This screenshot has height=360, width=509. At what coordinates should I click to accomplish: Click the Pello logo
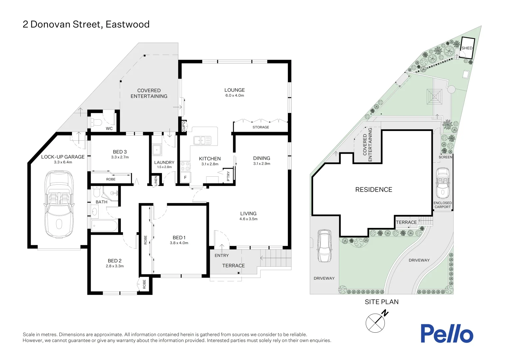pos(447,333)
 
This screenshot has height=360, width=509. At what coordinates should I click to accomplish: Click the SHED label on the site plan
pos(467,48)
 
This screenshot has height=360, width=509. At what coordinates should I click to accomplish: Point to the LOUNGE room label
pos(235,90)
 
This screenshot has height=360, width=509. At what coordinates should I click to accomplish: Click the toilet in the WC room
pos(96,122)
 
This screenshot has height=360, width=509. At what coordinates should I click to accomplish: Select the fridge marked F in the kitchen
pos(185,178)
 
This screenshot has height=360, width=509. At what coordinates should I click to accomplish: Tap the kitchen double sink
pos(202,140)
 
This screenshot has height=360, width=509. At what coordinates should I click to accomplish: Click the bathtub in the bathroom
pos(104,226)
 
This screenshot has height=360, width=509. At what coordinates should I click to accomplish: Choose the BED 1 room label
pos(179,238)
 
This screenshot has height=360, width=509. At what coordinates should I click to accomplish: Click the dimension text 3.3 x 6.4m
pos(63,162)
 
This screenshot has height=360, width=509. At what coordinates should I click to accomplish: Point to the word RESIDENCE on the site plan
pos(373,190)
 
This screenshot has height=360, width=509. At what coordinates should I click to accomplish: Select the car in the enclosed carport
pos(443,183)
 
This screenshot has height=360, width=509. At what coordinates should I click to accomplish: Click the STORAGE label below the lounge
pos(260,127)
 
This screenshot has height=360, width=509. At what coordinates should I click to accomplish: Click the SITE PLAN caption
pos(381,302)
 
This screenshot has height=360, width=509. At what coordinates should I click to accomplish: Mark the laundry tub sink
pos(157,150)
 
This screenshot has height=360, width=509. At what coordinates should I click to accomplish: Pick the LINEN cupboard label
pos(156,181)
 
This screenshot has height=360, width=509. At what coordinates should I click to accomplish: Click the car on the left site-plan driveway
pos(324,246)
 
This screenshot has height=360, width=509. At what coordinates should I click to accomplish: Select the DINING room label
pos(261,158)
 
